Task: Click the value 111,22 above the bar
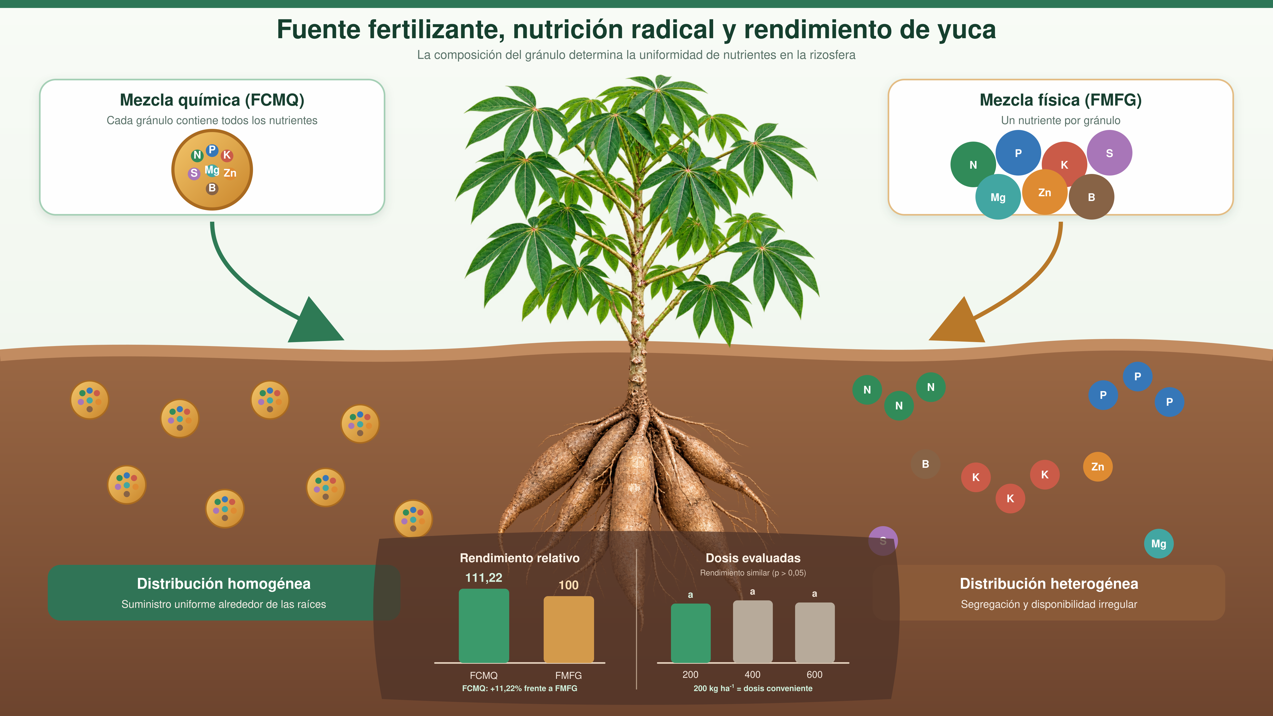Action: (x=484, y=578)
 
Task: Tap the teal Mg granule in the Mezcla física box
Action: (x=998, y=197)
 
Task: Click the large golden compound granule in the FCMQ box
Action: (x=212, y=169)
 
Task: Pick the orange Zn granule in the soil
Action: (x=1098, y=466)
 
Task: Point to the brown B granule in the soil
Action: (x=925, y=464)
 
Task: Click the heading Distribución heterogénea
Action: (x=1049, y=584)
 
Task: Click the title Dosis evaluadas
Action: (x=753, y=558)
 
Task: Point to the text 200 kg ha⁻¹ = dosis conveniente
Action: (x=753, y=688)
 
